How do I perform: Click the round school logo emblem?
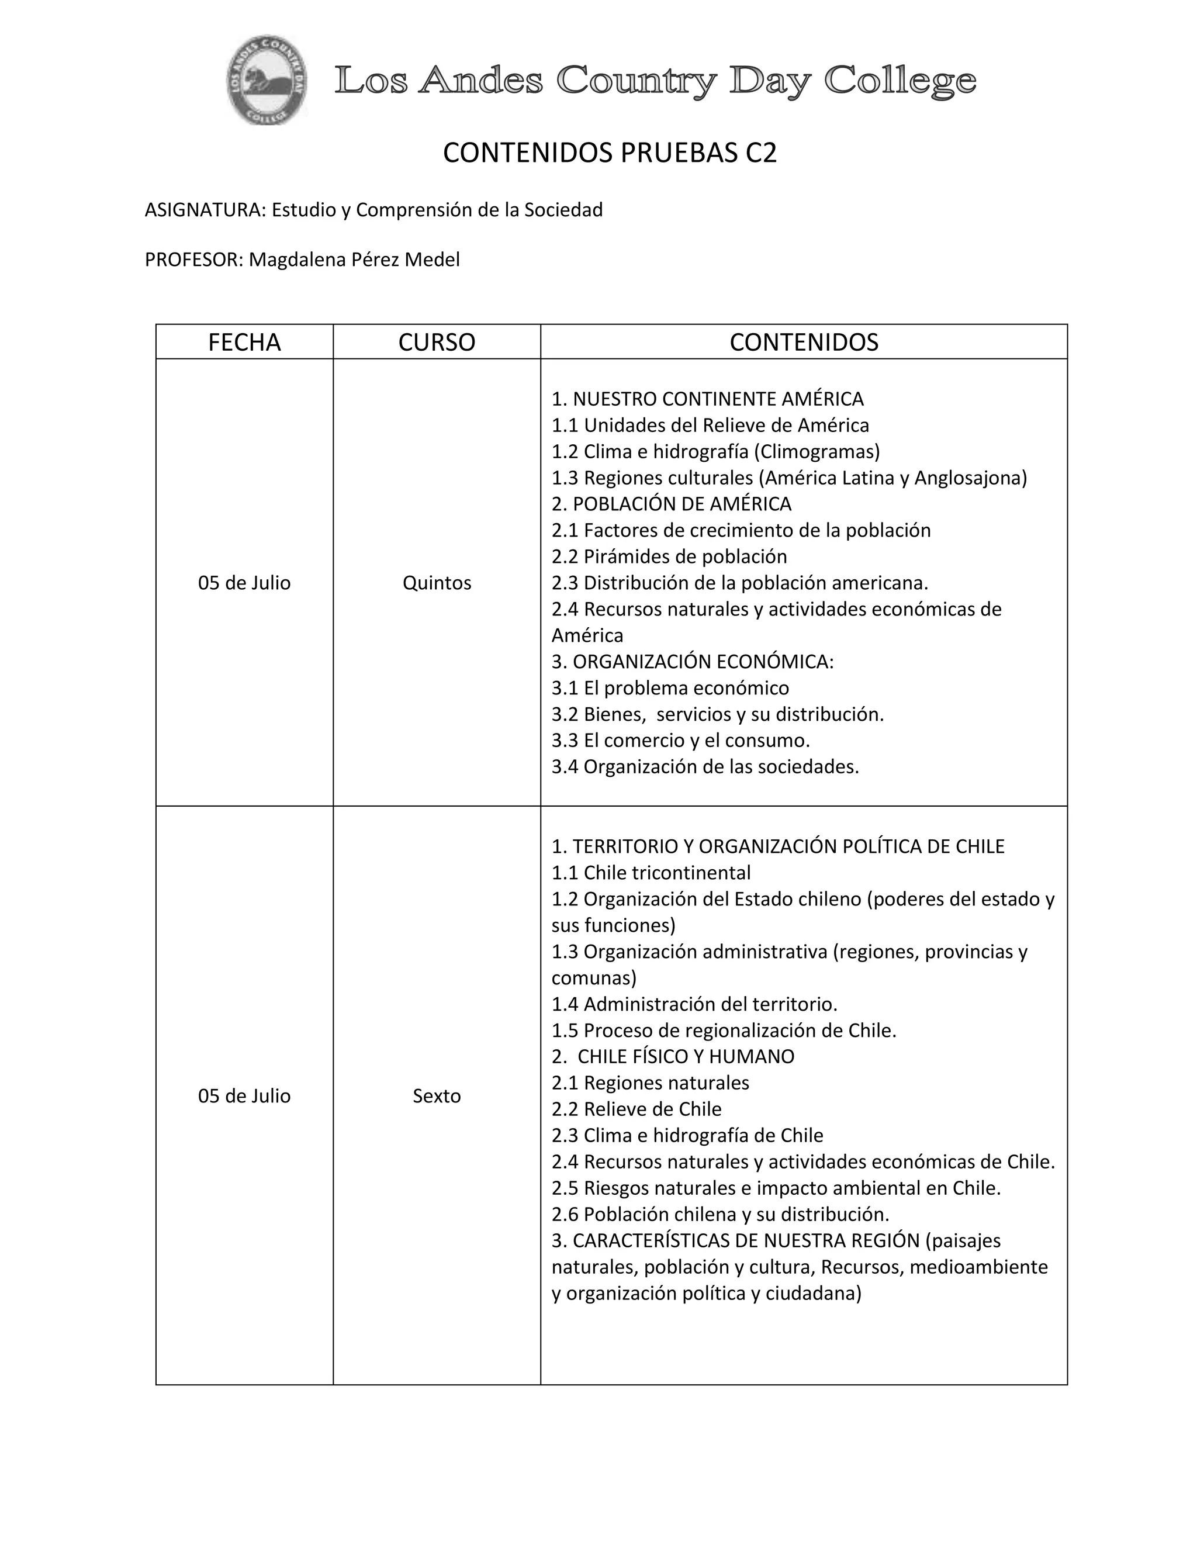267,80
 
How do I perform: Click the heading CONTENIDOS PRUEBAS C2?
609,153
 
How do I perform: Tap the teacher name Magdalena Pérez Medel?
354,260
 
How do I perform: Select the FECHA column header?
244,342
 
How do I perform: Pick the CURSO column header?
436,342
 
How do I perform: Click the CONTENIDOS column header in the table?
804,342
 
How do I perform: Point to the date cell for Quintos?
244,582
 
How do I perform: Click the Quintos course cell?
436,582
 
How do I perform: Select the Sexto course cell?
436,1096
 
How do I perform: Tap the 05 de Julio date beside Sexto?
244,1096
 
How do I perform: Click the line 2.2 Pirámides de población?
669,556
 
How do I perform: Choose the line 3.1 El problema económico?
670,687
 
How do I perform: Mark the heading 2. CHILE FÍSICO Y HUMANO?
673,1056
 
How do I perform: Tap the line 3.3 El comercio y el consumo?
681,740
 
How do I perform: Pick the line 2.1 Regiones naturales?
651,1083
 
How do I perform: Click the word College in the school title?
900,81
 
